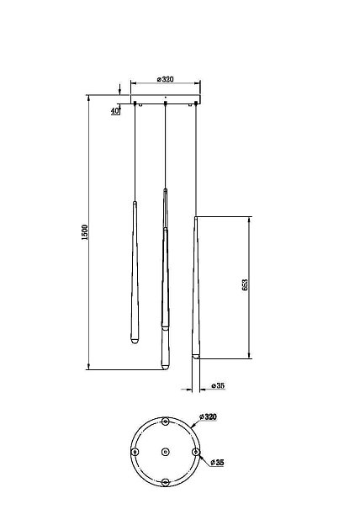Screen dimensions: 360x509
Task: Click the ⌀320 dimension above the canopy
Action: pyautogui.click(x=165, y=79)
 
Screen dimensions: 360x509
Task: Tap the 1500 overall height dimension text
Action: pyautogui.click(x=85, y=232)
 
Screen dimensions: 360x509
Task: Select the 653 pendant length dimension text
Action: pyautogui.click(x=245, y=284)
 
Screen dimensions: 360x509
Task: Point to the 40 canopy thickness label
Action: pyautogui.click(x=115, y=111)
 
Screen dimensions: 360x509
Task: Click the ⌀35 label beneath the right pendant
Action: pyautogui.click(x=218, y=385)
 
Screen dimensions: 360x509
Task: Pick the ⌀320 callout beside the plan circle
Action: pyautogui.click(x=209, y=416)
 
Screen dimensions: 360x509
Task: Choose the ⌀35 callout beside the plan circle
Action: pyautogui.click(x=217, y=462)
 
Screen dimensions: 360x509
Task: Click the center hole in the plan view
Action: pyautogui.click(x=165, y=452)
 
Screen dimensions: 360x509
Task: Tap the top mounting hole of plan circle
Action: pyautogui.click(x=165, y=422)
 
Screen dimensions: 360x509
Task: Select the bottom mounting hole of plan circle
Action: pyautogui.click(x=165, y=482)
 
